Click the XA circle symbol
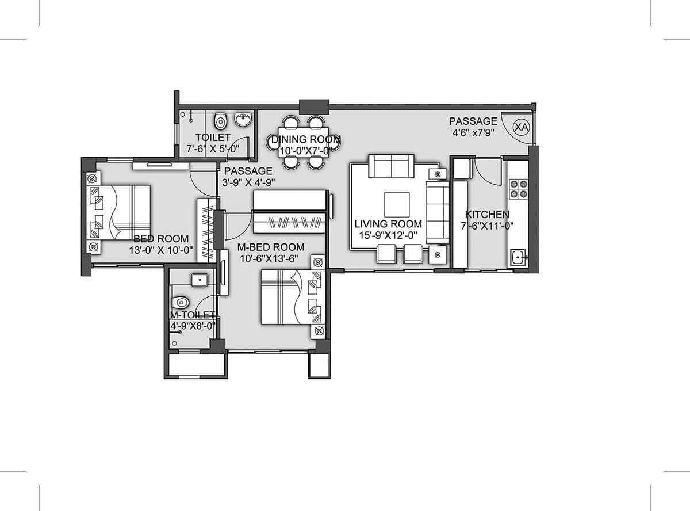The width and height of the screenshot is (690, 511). pos(520,127)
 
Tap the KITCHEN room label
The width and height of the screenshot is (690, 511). pos(486,214)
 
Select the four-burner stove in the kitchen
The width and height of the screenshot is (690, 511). pos(519,189)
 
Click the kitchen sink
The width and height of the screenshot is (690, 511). pos(517,257)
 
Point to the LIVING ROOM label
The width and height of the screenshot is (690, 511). pos(388,224)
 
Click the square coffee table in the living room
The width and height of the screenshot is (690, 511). pos(397,204)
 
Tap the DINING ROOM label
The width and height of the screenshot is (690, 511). pos(306,139)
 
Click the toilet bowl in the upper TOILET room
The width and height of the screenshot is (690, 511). pos(220,121)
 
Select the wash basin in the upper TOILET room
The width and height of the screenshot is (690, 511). pos(243,120)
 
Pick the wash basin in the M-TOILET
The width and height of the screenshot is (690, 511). pos(198,280)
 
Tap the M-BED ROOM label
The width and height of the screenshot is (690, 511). pos(271,247)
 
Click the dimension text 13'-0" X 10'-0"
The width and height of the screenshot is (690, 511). pos(161,251)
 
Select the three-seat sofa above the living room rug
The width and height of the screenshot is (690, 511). pos(390,166)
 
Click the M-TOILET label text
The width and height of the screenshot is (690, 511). pos(192,315)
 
